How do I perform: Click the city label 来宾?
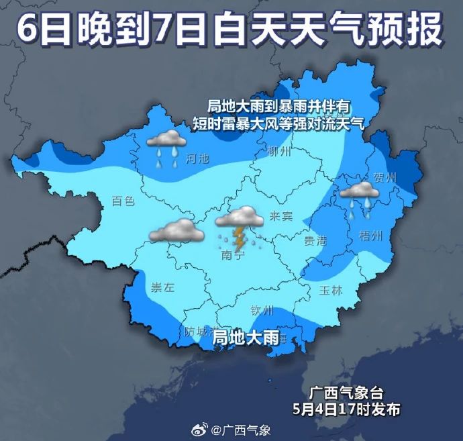pos(280,216)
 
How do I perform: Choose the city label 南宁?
pos(232,256)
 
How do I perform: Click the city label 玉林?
pos(329,291)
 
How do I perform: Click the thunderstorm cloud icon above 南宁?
pos(239,217)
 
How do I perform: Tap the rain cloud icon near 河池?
pos(166,140)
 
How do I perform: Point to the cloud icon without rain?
pos(176,231)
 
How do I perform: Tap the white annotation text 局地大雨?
pos(246,339)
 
